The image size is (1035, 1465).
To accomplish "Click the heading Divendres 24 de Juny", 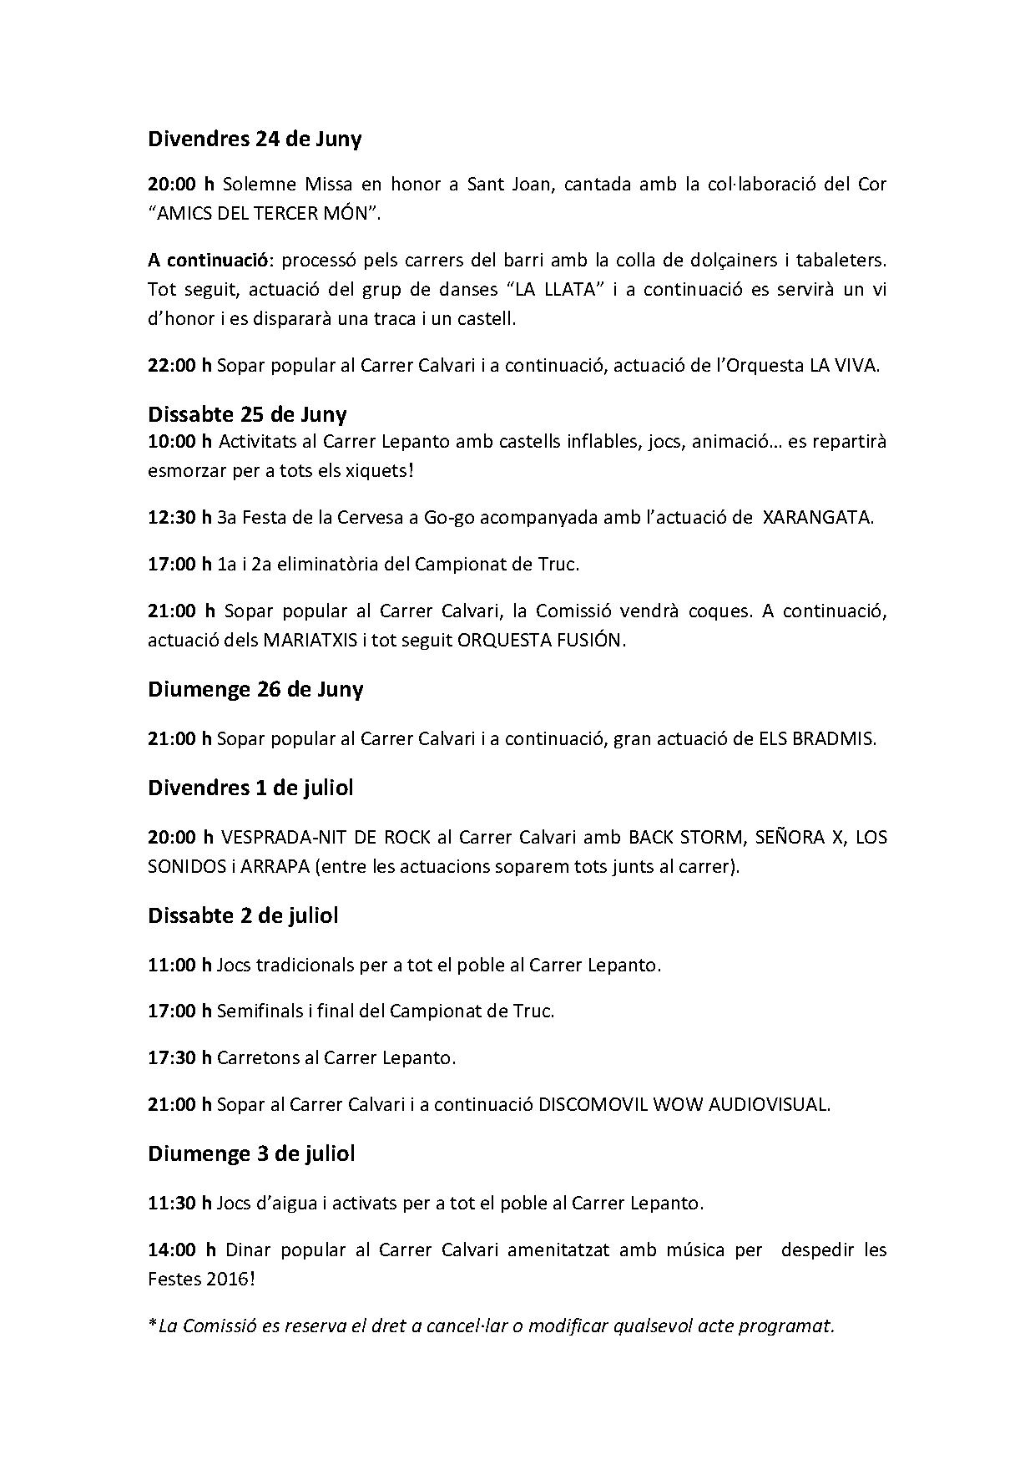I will click(255, 139).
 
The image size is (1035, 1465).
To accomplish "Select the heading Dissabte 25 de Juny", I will click(247, 414).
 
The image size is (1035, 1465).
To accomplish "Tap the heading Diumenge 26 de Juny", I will click(255, 689).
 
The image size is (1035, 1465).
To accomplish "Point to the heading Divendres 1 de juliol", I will click(250, 788).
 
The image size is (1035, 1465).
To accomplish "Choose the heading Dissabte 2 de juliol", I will click(243, 915).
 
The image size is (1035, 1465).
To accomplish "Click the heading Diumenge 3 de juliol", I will click(251, 1153).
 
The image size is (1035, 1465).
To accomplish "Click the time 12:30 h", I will click(179, 517).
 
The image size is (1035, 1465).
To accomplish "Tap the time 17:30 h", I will click(179, 1057).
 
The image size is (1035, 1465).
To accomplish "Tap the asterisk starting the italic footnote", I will click(152, 1324).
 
